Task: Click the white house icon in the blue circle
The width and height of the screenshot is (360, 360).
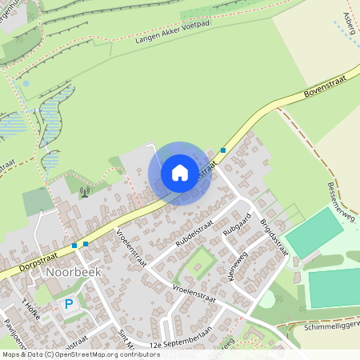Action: pos(180,173)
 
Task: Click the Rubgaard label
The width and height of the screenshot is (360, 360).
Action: pos(238,225)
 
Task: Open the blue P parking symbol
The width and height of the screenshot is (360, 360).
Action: pos(69,304)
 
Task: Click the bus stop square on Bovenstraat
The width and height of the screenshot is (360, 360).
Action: pos(223,150)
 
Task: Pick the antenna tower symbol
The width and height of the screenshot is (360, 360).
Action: pos(84,192)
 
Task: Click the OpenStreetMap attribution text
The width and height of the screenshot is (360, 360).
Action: pos(81,354)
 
